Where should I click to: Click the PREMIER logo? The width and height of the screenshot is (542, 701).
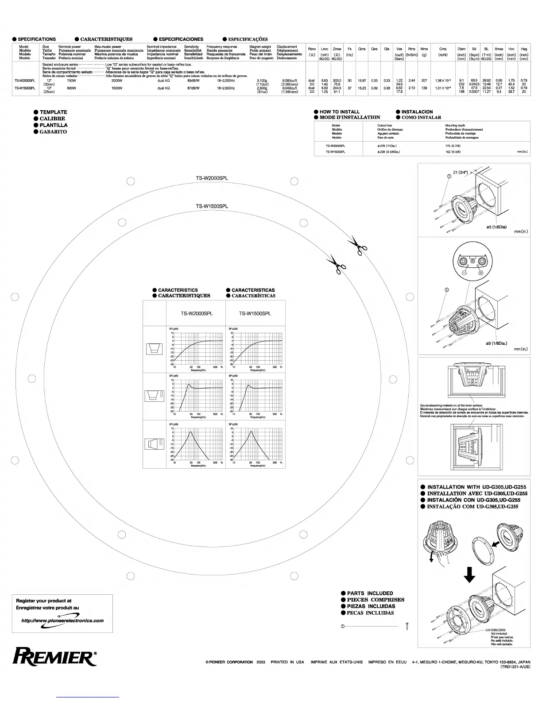[55, 657]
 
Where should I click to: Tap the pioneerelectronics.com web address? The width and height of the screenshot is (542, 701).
[62, 620]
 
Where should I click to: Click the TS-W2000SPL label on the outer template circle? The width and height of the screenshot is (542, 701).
[212, 178]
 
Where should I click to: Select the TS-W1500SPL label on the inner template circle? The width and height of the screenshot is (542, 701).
[212, 206]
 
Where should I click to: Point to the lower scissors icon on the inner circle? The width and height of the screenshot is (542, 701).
[337, 265]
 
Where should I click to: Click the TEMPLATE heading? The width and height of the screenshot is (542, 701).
[53, 112]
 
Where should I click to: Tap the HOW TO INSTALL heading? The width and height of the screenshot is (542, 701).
[339, 112]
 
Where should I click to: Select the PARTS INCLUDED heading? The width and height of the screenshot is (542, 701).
[370, 593]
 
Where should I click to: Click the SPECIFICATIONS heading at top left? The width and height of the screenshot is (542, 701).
[37, 39]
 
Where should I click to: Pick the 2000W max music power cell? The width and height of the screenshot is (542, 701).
[117, 81]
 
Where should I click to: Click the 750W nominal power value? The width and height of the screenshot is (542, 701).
[71, 81]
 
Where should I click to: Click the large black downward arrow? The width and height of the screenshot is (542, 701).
[469, 575]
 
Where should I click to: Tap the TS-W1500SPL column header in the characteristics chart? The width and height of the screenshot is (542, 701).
[255, 314]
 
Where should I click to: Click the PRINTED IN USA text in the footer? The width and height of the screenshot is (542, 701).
[287, 662]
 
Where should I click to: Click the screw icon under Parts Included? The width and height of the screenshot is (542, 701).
[406, 626]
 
